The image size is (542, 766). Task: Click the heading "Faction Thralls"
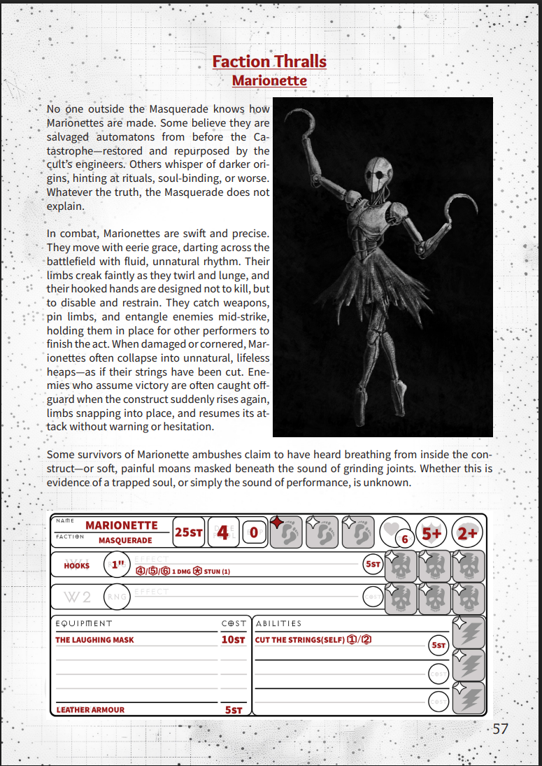[269, 62]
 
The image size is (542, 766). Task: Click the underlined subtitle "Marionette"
[269, 80]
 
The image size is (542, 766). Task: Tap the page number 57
[500, 728]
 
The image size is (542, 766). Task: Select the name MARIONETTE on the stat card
[122, 525]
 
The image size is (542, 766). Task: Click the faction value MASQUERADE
[125, 541]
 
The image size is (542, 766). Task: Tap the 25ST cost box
[189, 532]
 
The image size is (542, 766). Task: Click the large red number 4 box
[223, 532]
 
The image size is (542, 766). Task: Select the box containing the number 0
[254, 533]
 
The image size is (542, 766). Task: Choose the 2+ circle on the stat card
[467, 533]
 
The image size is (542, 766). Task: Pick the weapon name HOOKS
[77, 565]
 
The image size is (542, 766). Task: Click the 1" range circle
[116, 565]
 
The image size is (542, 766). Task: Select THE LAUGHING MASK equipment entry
[94, 639]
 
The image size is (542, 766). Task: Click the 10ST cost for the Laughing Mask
[233, 639]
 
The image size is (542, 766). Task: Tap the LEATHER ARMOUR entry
[90, 709]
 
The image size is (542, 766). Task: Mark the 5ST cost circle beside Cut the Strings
[438, 645]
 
